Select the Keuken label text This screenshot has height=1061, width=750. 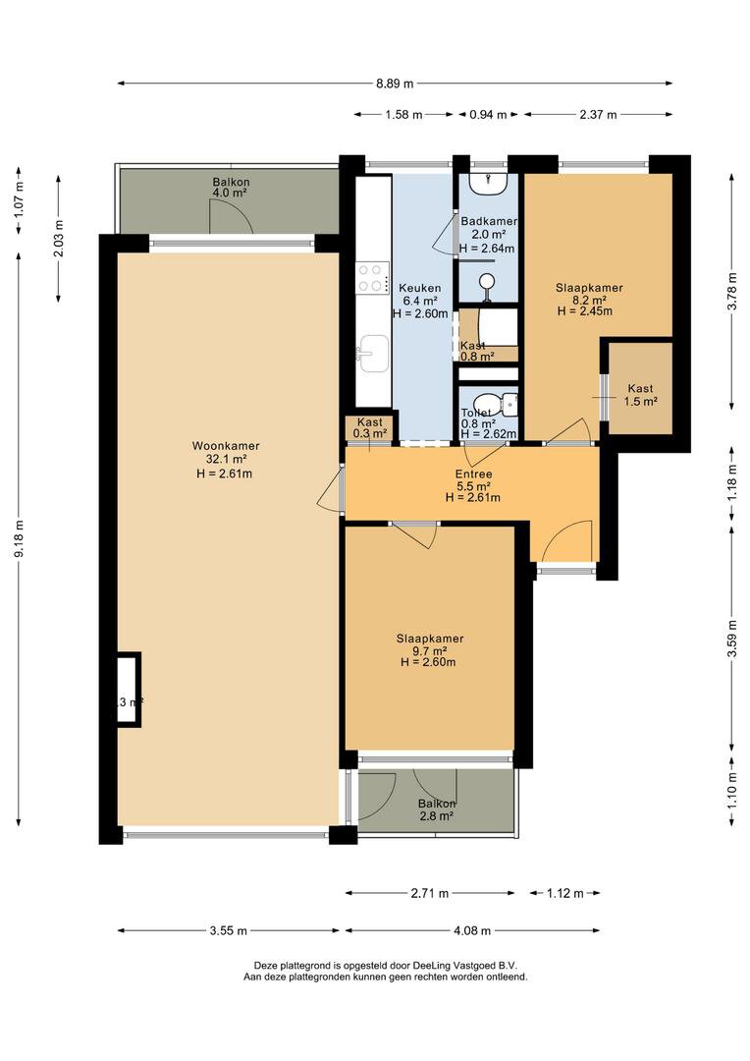tap(419, 288)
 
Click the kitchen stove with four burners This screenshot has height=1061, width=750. tap(372, 276)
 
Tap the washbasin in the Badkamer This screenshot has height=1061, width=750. tap(488, 182)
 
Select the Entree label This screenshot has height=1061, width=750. tap(473, 474)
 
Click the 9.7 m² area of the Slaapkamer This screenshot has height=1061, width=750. tap(430, 650)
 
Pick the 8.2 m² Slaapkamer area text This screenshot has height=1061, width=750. tap(589, 300)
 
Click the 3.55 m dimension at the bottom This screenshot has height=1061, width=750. tap(229, 930)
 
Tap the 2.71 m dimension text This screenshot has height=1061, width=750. tap(429, 893)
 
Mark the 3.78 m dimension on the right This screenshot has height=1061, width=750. tap(731, 292)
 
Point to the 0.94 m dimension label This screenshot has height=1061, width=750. tap(488, 115)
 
